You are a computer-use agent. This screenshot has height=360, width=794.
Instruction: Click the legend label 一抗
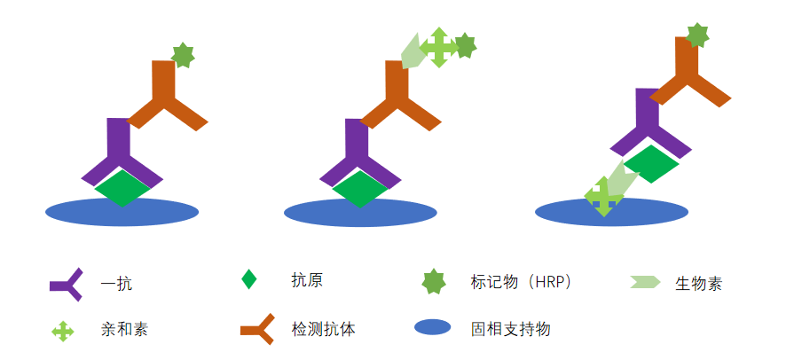click(x=116, y=284)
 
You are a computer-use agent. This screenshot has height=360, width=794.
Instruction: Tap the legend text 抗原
click(x=307, y=279)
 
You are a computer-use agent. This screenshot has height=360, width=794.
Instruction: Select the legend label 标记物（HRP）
click(x=521, y=282)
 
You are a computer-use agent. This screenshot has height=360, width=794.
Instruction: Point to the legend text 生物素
click(x=698, y=284)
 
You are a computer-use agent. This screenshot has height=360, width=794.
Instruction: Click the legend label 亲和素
click(x=124, y=330)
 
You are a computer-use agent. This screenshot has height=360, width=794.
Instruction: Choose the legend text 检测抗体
click(x=324, y=329)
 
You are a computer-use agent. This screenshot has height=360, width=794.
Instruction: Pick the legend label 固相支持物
click(x=510, y=329)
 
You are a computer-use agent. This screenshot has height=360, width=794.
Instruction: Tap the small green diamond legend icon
click(x=248, y=279)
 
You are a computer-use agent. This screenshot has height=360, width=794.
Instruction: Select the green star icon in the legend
click(x=434, y=281)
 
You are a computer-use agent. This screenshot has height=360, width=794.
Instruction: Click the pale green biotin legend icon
click(x=646, y=282)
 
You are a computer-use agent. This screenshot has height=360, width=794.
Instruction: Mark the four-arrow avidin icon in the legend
click(x=63, y=331)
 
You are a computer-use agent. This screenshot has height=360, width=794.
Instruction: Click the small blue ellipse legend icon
click(x=432, y=327)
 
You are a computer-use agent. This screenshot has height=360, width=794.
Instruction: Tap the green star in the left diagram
click(x=183, y=55)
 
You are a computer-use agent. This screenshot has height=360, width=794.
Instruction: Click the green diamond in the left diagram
click(x=122, y=188)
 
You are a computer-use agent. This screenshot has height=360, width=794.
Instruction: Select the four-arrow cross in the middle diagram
click(x=439, y=47)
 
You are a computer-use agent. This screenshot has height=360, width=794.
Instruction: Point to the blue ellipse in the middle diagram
click(x=360, y=213)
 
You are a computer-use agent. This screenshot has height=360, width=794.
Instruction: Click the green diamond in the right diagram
click(x=651, y=164)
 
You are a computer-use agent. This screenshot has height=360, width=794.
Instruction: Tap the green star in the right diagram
click(x=697, y=35)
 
